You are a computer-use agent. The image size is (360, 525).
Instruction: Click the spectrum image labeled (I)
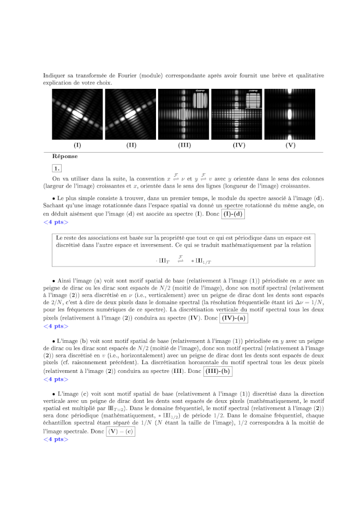pos(77,114)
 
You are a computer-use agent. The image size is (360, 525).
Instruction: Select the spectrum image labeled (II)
pos(130,114)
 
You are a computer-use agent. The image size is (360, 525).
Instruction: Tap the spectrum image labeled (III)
pos(183,114)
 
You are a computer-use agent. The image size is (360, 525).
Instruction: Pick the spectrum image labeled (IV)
pos(237,114)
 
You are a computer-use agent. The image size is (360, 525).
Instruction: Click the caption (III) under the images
pos(183,146)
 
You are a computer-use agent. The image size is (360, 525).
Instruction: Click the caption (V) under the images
pos(290,146)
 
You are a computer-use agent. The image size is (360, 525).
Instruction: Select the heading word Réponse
pos(65,156)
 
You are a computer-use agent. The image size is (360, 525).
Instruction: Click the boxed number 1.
pos(57,168)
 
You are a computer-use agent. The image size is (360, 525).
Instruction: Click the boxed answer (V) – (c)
pos(121,431)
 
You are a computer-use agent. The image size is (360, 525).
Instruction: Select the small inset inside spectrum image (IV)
pos(253,99)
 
